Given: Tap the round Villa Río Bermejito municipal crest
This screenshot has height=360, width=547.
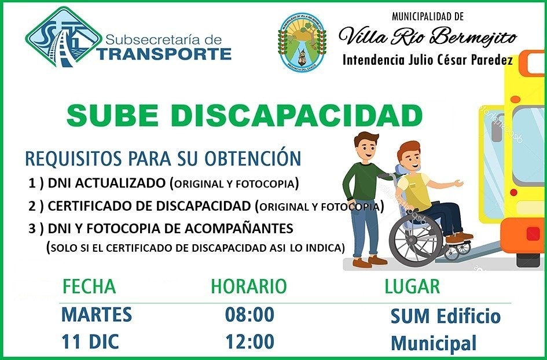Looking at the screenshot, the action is (302, 42).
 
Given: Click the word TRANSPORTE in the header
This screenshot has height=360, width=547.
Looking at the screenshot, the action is (164, 54).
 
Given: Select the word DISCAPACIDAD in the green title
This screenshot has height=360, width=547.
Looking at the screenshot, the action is (296, 115).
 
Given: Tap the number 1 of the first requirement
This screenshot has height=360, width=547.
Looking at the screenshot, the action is (32, 183).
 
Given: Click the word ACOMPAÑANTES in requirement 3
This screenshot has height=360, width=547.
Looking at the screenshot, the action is (238, 229).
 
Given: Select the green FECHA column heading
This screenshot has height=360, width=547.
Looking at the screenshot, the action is (89, 286).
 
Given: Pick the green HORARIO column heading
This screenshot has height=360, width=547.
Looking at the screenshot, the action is (249, 286).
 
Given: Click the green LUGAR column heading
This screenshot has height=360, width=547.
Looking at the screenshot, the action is (412, 286).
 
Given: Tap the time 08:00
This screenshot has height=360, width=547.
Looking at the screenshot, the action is (249, 314).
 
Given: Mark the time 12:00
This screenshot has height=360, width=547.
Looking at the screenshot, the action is (249, 341).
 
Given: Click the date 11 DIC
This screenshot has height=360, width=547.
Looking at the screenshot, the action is (90, 341).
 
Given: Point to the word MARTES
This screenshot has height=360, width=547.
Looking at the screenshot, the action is (97, 314).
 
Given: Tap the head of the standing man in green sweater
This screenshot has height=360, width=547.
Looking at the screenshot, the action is (366, 145).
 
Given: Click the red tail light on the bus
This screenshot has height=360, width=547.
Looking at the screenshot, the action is (533, 233).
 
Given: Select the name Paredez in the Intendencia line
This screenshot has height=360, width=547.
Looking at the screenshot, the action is (492, 60).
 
